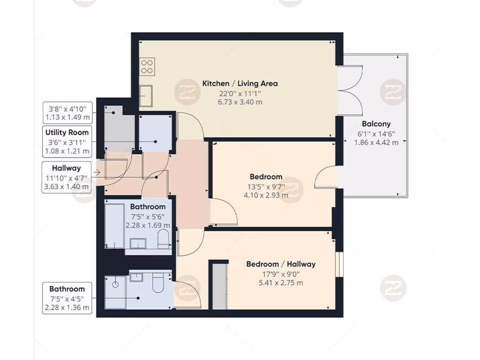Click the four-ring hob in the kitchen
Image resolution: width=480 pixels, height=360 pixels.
(x=147, y=66)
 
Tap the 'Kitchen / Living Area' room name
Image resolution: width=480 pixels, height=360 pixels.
(x=240, y=83)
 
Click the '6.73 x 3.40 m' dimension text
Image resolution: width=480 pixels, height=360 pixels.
(x=240, y=102)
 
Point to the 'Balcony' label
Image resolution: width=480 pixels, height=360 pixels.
(x=376, y=124)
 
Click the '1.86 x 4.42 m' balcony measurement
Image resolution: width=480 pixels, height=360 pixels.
(x=376, y=142)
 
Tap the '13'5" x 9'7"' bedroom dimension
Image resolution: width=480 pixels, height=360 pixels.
(x=266, y=186)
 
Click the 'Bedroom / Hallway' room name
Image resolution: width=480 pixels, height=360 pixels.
(x=281, y=264)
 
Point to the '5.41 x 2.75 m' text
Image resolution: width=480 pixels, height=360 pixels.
(x=281, y=283)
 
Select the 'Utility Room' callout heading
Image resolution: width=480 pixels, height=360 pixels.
(x=67, y=133)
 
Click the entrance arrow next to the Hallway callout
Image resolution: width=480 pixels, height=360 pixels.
(x=97, y=172)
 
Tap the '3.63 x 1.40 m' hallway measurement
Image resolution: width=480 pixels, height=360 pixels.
(x=66, y=187)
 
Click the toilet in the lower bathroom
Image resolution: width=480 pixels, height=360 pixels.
(x=157, y=283)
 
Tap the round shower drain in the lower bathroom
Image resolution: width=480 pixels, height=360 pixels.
(x=114, y=283)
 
